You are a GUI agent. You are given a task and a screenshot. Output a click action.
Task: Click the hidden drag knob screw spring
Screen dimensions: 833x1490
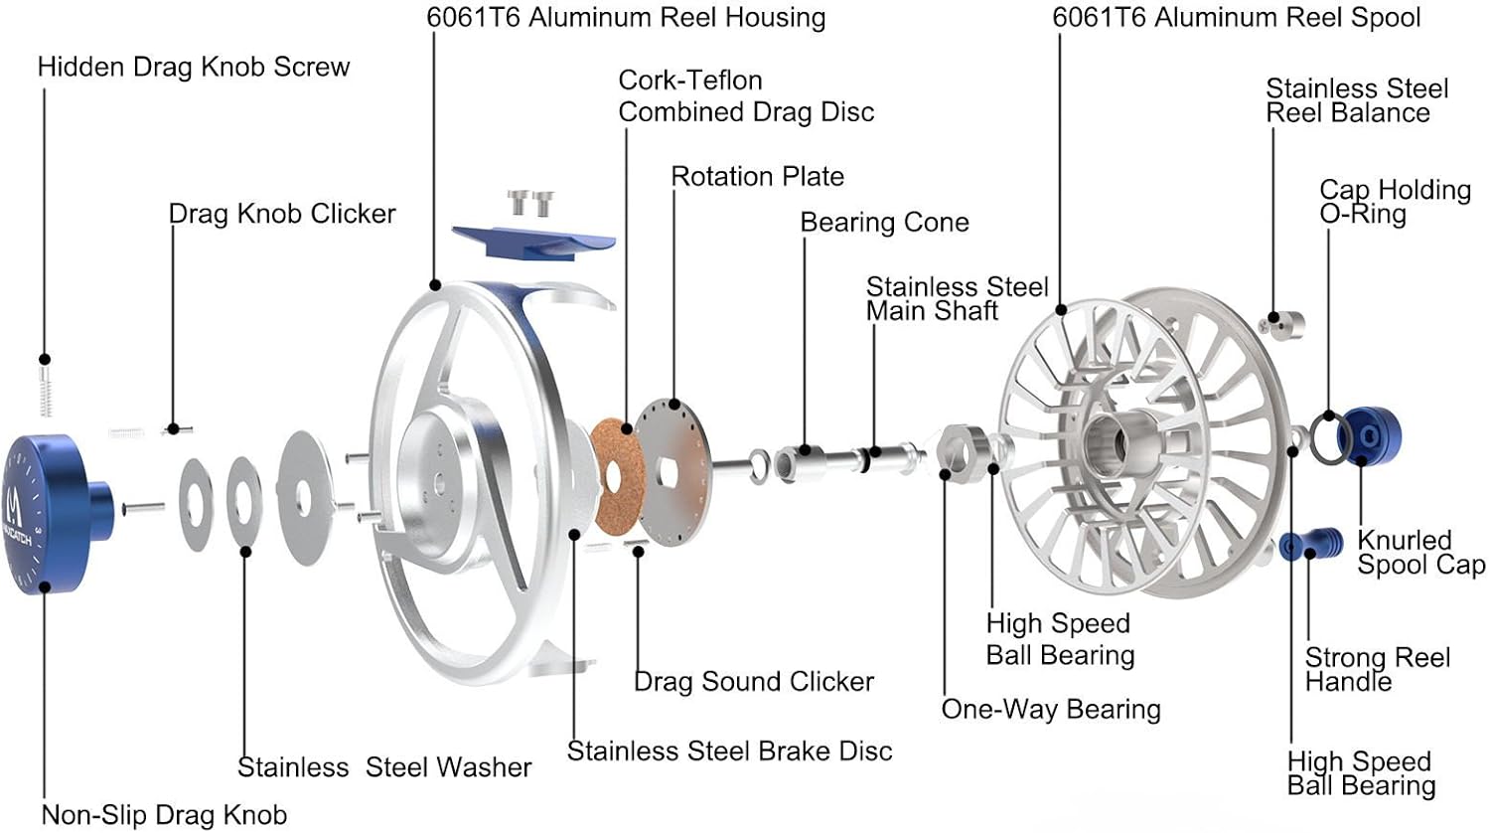(45, 390)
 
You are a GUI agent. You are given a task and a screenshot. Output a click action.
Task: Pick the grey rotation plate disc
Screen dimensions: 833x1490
(672, 457)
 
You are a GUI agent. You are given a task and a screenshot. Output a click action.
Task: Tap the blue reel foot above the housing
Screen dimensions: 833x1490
(532, 240)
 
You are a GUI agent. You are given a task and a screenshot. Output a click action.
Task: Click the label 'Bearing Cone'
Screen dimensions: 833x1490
(884, 223)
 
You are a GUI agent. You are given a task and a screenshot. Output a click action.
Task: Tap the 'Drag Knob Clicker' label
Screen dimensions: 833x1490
(282, 214)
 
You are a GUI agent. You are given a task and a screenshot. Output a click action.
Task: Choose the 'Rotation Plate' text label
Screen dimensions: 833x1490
(758, 177)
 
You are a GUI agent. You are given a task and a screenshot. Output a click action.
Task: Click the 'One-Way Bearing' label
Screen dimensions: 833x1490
(1051, 710)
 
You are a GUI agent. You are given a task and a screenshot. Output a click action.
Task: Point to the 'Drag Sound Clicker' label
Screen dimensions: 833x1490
(754, 682)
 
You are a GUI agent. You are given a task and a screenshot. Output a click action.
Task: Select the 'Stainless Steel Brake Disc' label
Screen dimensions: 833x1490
(729, 751)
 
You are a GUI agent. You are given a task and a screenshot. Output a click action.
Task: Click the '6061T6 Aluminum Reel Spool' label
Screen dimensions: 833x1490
(1237, 18)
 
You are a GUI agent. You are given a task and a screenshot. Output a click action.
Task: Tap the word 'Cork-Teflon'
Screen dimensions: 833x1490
(690, 81)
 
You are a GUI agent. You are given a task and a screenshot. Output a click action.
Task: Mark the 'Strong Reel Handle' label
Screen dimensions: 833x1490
(1377, 669)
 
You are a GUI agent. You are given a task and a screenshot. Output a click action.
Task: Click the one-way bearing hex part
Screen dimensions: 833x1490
(961, 449)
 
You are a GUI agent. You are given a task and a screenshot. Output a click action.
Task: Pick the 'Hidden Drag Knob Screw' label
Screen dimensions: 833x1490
(194, 68)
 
